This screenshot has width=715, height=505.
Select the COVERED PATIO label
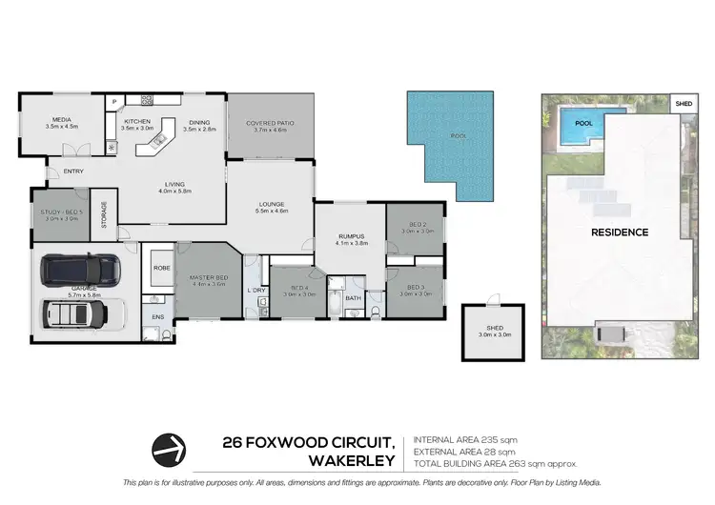(x=270, y=123)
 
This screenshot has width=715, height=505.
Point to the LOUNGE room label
(x=271, y=203)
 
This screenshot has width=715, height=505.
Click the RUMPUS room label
(x=350, y=235)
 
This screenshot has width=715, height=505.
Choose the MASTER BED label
(x=208, y=276)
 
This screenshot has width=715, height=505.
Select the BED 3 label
(x=415, y=287)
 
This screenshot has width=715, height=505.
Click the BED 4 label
(x=298, y=288)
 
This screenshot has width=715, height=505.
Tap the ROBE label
(x=160, y=269)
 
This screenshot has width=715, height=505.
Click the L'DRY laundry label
(x=255, y=290)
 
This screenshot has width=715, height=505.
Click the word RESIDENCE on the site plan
(x=620, y=232)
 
